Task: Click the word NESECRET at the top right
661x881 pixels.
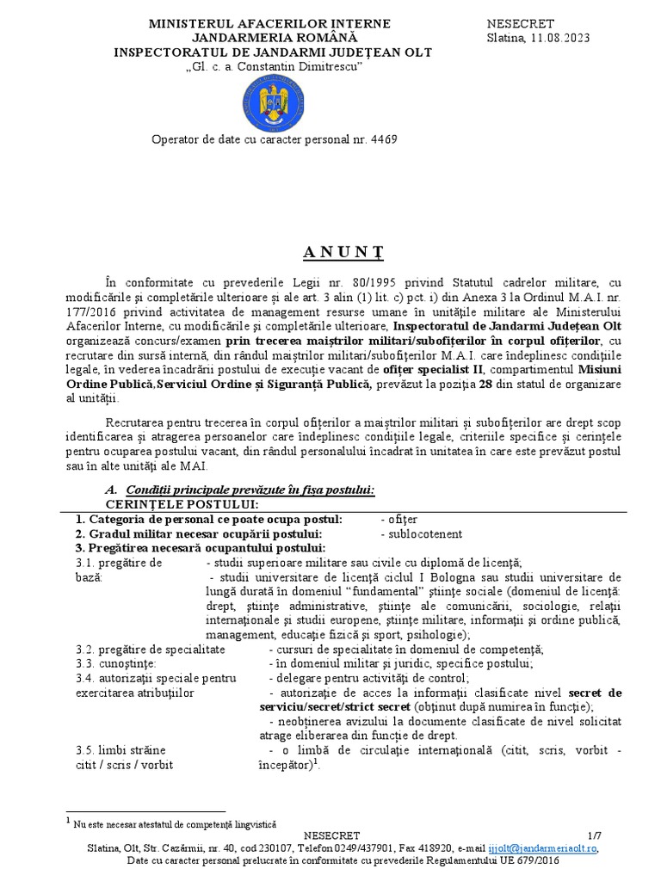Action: pos(522,23)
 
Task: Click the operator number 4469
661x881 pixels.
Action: pos(383,139)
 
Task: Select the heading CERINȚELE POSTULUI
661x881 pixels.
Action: pos(182,504)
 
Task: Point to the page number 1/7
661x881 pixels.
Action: pos(596,835)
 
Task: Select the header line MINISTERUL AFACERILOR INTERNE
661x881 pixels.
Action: pos(257,23)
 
